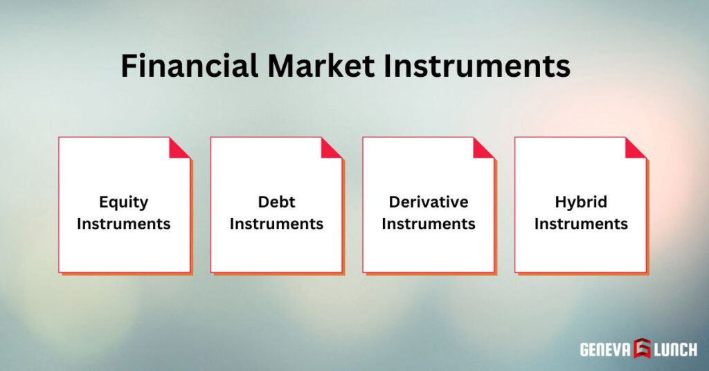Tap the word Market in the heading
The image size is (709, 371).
click(x=315, y=66)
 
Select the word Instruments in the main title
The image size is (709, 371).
click(x=474, y=66)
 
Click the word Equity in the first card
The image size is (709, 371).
click(x=124, y=202)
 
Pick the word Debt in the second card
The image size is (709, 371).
click(x=276, y=202)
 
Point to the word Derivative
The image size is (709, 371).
click(x=429, y=202)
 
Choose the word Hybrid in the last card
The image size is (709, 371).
click(x=581, y=202)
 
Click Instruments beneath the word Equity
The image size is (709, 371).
click(x=124, y=224)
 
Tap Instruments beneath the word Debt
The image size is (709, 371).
click(x=276, y=224)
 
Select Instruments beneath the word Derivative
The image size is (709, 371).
click(x=429, y=224)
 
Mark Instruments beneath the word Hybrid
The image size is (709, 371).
click(x=581, y=224)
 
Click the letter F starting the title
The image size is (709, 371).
click(x=129, y=66)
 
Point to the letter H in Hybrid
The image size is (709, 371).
click(x=560, y=202)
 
